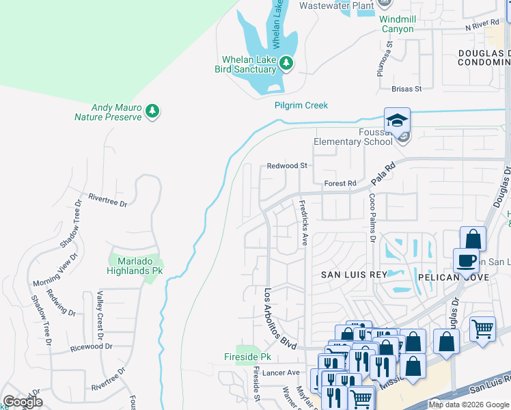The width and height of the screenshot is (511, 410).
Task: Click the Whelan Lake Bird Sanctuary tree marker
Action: (287, 64)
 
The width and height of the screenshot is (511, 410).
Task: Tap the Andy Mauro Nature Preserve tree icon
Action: (153, 111)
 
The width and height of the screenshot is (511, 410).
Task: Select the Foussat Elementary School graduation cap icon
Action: (397, 120)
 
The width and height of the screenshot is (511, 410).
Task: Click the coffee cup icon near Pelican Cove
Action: (466, 261)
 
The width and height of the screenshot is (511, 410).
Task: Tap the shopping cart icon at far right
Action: (483, 329)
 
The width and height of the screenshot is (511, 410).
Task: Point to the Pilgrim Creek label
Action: (301, 105)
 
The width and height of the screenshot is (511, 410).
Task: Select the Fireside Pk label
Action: (248, 357)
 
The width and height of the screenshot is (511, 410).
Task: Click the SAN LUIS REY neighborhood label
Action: (355, 274)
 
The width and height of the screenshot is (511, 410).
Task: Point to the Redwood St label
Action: (288, 165)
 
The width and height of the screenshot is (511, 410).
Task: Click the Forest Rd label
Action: (340, 183)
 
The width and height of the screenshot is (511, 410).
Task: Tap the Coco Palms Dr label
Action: (373, 217)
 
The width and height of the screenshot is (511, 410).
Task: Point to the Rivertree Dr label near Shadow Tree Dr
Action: (104, 200)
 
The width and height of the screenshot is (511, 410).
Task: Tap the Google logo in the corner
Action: (22, 402)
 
